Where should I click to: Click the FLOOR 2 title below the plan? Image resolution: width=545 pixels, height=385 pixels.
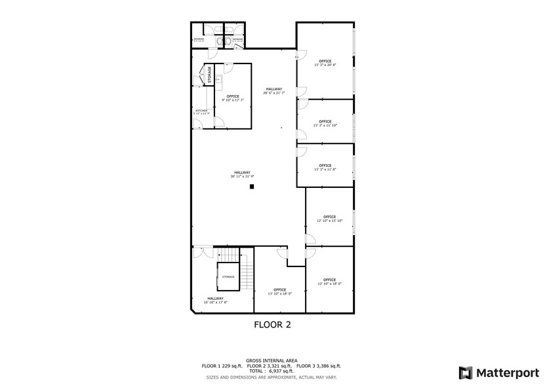tap(272, 324)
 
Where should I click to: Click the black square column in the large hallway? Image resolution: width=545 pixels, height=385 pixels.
tap(251, 186)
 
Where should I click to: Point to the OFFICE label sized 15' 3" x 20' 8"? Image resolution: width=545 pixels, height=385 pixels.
tap(325, 62)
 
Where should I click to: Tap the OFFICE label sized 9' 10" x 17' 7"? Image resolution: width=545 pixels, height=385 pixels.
tap(233, 97)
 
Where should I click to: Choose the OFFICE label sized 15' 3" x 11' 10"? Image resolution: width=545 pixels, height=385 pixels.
tap(325, 122)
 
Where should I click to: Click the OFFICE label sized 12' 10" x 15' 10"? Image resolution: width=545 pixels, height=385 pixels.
tap(329, 217)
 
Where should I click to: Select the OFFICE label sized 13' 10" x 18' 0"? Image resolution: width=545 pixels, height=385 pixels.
tap(279, 291)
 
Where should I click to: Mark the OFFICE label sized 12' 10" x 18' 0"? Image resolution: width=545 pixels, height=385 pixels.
tap(329, 281)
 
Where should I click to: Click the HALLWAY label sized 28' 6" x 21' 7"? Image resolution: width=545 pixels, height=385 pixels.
tap(273, 90)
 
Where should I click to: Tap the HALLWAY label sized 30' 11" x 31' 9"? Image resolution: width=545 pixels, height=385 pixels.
tap(241, 174)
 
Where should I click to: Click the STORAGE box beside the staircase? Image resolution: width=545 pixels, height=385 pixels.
tap(228, 276)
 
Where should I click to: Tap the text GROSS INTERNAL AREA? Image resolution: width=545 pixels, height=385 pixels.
tap(272, 360)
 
